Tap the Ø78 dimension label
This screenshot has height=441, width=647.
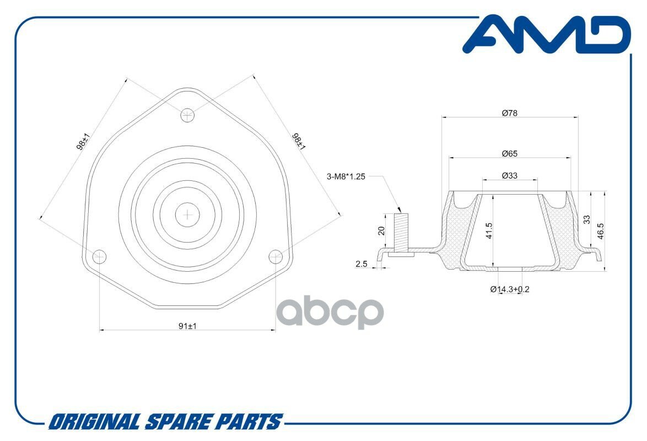coord(510,113)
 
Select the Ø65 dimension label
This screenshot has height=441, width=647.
coord(510,154)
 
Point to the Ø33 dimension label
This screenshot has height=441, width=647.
coord(510,176)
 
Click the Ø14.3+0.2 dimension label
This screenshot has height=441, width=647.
coord(510,289)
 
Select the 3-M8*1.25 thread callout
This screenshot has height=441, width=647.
coord(346,176)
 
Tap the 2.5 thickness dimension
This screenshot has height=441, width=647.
coord(362,265)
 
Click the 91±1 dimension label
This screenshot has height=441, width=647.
coord(188,326)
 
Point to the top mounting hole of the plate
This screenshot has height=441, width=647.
coord(188,115)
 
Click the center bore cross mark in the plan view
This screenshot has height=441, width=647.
coord(188,214)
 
